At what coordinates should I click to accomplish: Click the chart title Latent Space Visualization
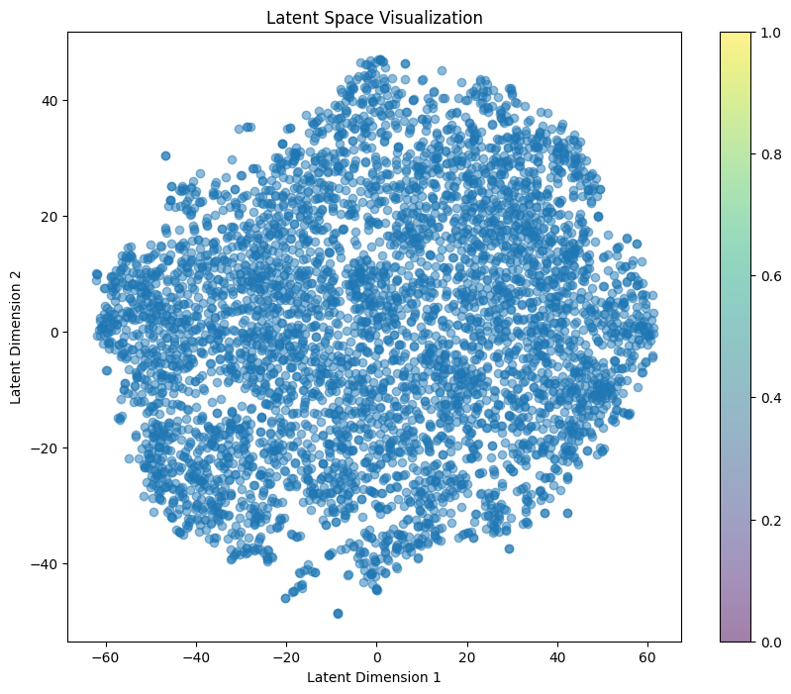[x=373, y=18]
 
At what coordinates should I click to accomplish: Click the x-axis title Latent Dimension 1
[x=373, y=677]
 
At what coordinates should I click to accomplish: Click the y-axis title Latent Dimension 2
[x=16, y=336]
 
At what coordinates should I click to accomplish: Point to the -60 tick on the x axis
[x=105, y=656]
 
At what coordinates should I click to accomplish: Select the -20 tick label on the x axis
[x=285, y=656]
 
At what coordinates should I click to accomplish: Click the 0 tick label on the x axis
[x=376, y=656]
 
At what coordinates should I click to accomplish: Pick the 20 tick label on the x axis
[x=466, y=656]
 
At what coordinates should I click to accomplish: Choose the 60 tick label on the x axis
[x=646, y=656]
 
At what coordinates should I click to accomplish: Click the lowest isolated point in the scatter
[x=338, y=614]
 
